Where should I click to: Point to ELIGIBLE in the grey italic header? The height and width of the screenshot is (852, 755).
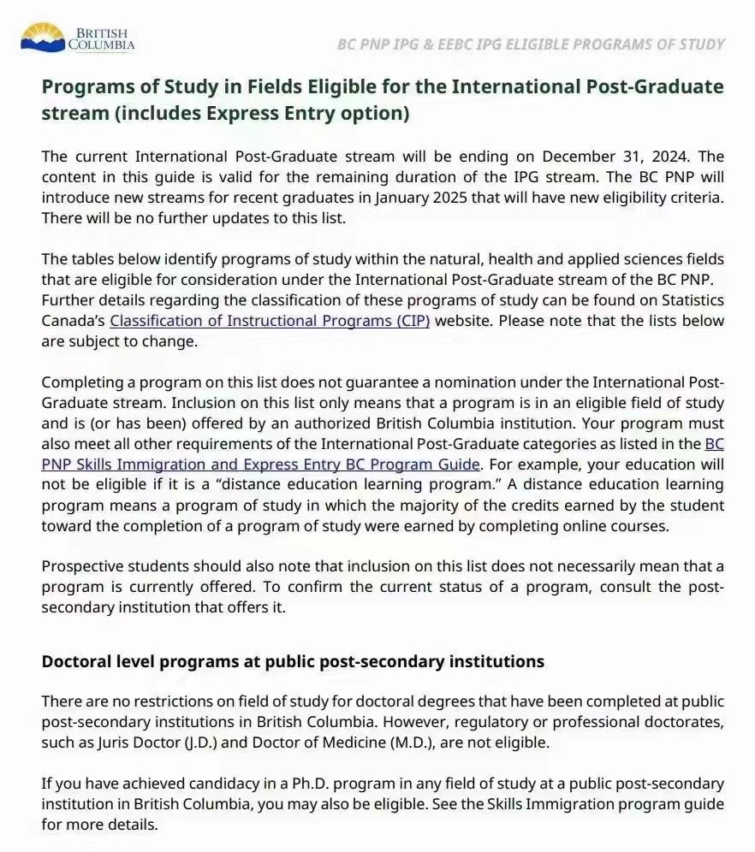542,44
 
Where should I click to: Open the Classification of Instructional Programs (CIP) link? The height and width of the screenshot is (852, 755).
270,321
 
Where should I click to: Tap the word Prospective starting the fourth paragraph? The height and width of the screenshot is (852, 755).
84,567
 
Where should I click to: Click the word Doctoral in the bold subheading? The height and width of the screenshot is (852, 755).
76,661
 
